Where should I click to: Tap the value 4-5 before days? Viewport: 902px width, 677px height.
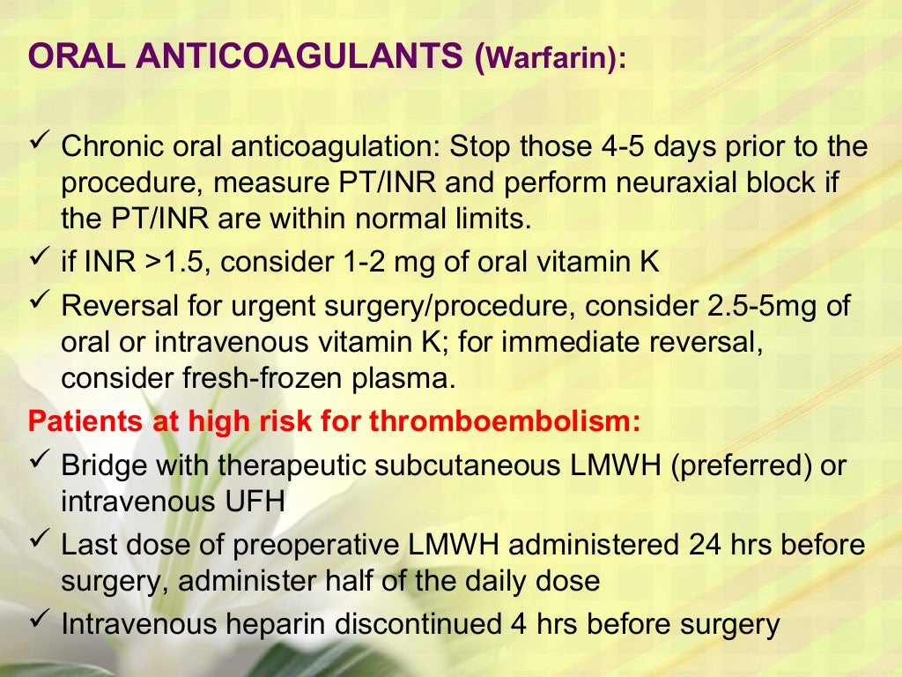(580, 145)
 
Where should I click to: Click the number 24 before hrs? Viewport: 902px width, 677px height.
(699, 545)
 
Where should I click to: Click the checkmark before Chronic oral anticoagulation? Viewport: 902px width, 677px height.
(39, 143)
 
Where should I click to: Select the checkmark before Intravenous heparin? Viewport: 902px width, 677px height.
(39, 621)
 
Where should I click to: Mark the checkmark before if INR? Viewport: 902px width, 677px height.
(39, 260)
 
